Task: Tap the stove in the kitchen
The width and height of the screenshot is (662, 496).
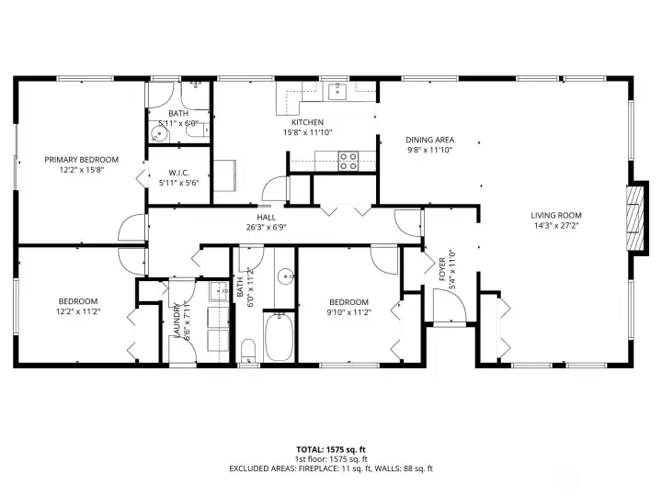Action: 348,161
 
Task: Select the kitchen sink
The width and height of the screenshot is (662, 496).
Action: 337,90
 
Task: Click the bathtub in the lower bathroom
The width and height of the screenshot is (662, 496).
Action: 279,338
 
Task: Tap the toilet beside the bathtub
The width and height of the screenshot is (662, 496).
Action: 247,351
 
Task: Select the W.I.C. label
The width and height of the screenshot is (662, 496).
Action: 178,173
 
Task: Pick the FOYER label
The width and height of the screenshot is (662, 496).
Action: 440,265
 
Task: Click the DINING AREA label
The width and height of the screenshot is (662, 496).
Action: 430,141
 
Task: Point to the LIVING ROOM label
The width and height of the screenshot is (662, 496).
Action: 555,216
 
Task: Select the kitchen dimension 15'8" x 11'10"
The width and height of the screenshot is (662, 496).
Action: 307,132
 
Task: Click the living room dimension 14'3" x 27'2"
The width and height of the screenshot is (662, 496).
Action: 555,225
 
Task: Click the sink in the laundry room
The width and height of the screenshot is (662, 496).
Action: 219,293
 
